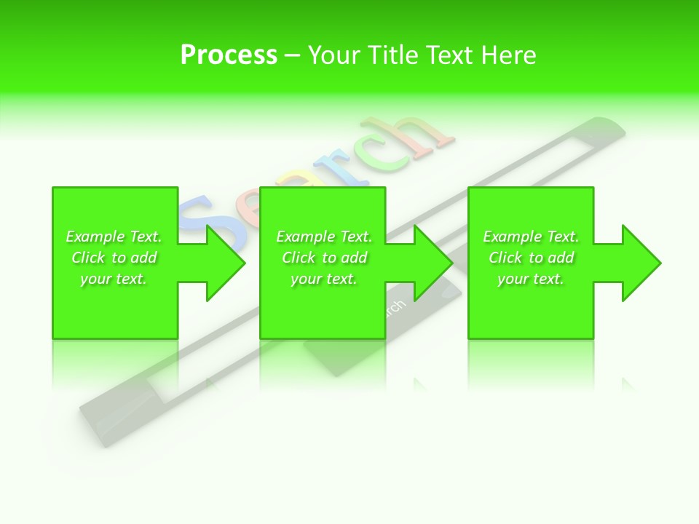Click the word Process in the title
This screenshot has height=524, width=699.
coord(229,55)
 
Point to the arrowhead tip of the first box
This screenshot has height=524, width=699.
coord(245,263)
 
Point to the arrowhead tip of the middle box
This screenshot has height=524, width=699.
coord(452,263)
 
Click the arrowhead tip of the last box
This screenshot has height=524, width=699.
coord(660,263)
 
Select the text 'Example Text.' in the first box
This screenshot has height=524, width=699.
coord(114,237)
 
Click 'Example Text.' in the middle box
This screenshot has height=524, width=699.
coord(324,237)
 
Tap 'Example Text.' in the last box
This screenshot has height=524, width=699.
coord(531,237)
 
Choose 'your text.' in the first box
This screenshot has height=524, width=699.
coord(114,279)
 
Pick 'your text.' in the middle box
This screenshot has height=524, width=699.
coord(324,279)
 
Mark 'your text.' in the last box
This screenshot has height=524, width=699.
coord(531,279)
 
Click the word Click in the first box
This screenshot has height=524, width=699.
coord(89,258)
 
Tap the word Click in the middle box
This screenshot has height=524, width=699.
coord(299,258)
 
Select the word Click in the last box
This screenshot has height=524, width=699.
coord(506,258)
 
